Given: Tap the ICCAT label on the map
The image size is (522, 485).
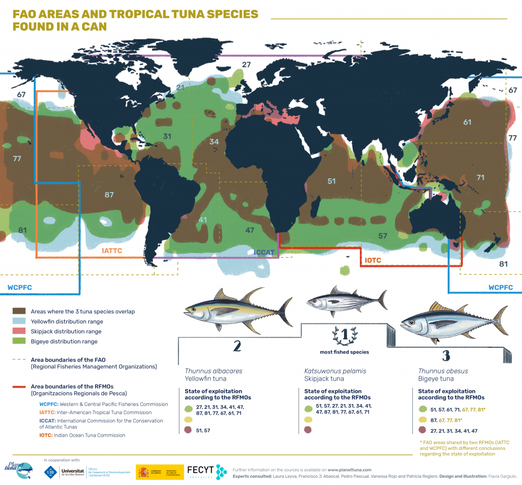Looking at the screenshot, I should point(264,252).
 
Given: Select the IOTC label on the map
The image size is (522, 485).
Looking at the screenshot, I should point(374,260).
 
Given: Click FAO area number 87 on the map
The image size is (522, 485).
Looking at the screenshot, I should point(109,195).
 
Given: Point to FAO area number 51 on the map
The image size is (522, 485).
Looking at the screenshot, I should point(332,181).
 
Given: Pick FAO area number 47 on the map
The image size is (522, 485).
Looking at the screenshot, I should point(250,230).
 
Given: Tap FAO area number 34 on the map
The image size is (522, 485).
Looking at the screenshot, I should point(214,141).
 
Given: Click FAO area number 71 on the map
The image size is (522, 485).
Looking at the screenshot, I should point(480,177).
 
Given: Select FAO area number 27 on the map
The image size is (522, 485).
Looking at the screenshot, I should point(247,65).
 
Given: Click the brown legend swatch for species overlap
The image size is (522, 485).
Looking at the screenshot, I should point(19,311).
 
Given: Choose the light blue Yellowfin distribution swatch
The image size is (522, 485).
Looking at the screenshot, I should point(19,321).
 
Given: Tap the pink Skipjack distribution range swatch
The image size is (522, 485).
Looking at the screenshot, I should point(19,332).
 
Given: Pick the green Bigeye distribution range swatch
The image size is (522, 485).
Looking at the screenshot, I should point(19,341).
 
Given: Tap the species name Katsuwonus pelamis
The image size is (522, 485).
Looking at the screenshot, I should point(335,371).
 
